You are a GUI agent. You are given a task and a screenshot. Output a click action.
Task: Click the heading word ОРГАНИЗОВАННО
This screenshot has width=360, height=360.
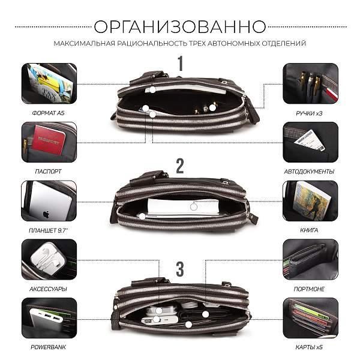click(180, 26)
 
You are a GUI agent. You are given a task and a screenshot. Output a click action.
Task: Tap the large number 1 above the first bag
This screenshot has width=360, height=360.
click(180, 62)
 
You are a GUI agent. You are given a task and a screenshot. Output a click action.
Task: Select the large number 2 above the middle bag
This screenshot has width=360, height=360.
click(180, 166)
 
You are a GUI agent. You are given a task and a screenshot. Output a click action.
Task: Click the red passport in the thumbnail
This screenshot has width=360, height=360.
click(50, 142)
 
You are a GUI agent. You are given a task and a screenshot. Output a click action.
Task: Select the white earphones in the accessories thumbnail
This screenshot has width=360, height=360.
click(46, 260)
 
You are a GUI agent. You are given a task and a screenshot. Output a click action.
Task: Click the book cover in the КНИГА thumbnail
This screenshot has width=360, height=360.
click(311, 199)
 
